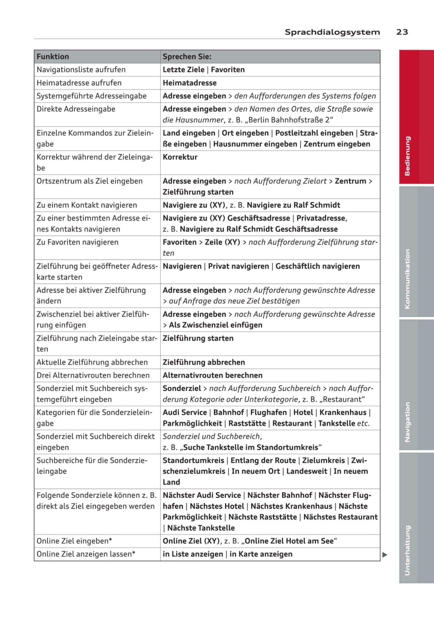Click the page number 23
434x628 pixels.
tap(402, 32)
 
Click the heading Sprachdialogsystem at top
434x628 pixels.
tap(332, 32)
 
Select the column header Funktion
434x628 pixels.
tap(53, 57)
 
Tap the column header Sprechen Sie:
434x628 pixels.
tap(187, 57)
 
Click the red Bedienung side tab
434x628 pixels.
tap(408, 156)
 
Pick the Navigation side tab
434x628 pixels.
tap(408, 422)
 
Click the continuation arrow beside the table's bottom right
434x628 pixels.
tap(385, 555)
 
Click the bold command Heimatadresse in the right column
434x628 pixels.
tap(190, 83)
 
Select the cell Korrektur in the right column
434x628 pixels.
tap(180, 157)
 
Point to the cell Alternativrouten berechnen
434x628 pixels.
tap(212, 375)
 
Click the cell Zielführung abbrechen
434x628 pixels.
tap(204, 362)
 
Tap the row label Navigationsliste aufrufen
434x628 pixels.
tap(81, 69)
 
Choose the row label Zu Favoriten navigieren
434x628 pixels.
tap(78, 242)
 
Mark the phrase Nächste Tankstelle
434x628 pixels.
tap(201, 528)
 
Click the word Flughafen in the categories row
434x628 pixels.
tap(268, 412)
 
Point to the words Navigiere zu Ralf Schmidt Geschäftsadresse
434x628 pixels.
tap(258, 229)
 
